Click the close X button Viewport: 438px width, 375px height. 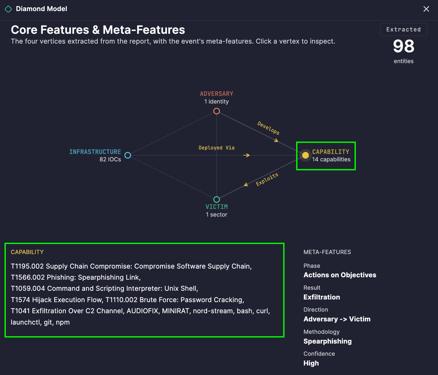(426, 9)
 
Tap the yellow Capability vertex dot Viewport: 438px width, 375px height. (305, 155)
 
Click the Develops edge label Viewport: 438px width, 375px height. (268, 128)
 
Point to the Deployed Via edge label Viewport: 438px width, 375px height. (217, 148)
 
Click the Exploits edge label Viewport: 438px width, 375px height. (267, 179)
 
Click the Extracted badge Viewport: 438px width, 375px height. (404, 30)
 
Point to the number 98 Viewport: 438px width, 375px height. (404, 46)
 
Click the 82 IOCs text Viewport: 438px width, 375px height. (110, 160)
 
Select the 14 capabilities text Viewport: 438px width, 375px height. (331, 160)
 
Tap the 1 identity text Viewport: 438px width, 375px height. (217, 102)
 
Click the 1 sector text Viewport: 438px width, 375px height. (217, 214)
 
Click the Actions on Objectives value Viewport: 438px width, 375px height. (340, 275)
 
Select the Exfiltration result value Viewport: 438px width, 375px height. (322, 297)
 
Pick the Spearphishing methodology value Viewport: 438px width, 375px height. (328, 341)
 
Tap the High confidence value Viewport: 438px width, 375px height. (311, 363)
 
